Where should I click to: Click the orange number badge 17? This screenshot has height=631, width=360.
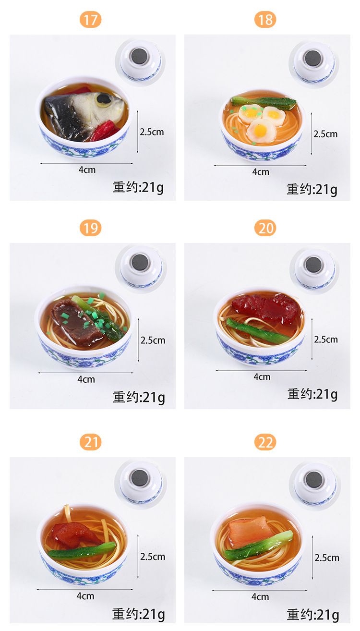click(x=90, y=20)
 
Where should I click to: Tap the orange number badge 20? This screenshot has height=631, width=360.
click(x=265, y=228)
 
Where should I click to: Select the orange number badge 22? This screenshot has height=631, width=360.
click(x=265, y=442)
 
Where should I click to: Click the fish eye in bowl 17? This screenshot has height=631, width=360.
click(x=104, y=99)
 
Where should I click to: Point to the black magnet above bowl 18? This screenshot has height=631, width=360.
click(x=313, y=59)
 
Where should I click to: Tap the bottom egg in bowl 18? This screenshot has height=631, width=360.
click(x=261, y=131)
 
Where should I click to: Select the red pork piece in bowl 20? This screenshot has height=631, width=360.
click(x=265, y=308)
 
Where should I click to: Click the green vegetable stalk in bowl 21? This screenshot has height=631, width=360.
click(x=82, y=550)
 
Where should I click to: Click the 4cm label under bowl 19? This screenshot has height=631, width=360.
click(x=86, y=379)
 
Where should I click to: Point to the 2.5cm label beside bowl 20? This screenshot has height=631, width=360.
click(x=326, y=340)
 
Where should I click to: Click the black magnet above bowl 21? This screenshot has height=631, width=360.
click(x=140, y=478)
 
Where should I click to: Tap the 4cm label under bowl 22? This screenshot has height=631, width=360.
click(x=260, y=596)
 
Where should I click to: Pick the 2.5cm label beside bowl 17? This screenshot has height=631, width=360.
click(x=152, y=132)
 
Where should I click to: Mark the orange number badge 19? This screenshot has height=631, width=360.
click(x=90, y=228)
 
